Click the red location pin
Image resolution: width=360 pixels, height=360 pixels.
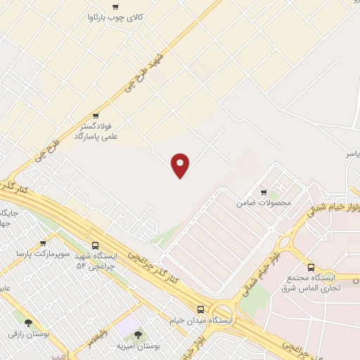[x=181, y=165]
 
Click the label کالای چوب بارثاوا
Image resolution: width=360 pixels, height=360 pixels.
[x=112, y=17]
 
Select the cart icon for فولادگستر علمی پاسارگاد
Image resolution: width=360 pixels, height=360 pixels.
[x=96, y=116]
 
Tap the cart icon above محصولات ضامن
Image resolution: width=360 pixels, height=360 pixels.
[x=264, y=192]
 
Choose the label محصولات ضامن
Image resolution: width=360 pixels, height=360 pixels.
[x=264, y=202]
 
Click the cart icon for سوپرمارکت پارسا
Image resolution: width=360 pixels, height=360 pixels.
[x=43, y=243]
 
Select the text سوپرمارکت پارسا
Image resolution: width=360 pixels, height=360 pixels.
[x=44, y=253]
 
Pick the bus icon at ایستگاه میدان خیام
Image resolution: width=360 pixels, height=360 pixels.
[x=201, y=309]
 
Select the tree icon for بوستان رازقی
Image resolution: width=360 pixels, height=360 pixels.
[x=28, y=324]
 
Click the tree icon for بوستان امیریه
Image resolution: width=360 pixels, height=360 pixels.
[x=137, y=335]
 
